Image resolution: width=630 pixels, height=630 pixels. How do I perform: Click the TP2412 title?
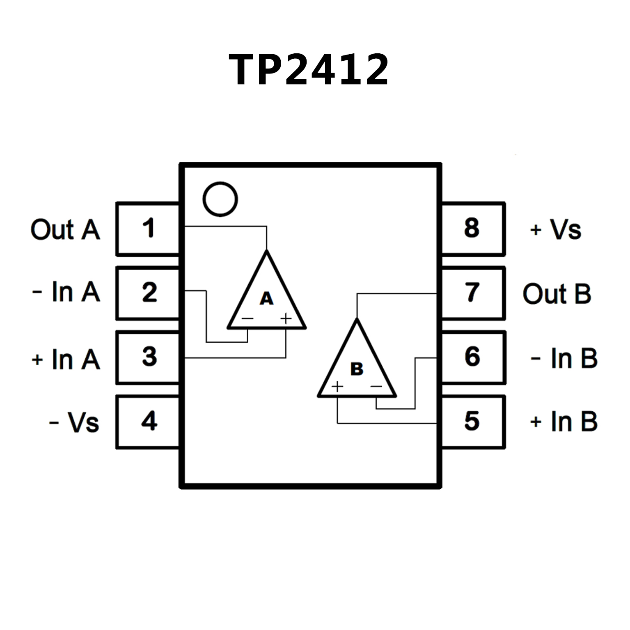309,70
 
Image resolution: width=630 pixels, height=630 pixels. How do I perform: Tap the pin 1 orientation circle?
220,199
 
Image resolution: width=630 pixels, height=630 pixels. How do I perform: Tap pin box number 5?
472,422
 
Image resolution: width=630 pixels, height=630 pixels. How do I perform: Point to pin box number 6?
472,357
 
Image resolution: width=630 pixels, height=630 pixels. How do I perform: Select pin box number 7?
472,293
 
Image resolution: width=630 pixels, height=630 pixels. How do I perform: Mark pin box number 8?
472,229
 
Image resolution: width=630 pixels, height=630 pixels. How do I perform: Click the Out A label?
65,229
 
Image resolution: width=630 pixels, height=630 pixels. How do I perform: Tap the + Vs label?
556,229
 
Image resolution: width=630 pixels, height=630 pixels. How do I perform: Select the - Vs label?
74,422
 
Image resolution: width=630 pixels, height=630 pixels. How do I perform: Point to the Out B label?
557,294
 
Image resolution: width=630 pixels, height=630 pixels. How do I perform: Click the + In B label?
564,422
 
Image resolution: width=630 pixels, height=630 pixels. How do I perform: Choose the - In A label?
66,292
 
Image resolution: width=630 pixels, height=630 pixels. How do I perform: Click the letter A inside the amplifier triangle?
266,298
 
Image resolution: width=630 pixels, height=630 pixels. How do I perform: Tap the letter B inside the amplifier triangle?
357,369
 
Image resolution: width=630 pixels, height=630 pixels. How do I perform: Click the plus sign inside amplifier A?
286,318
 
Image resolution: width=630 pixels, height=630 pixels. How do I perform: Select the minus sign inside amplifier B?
376,386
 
